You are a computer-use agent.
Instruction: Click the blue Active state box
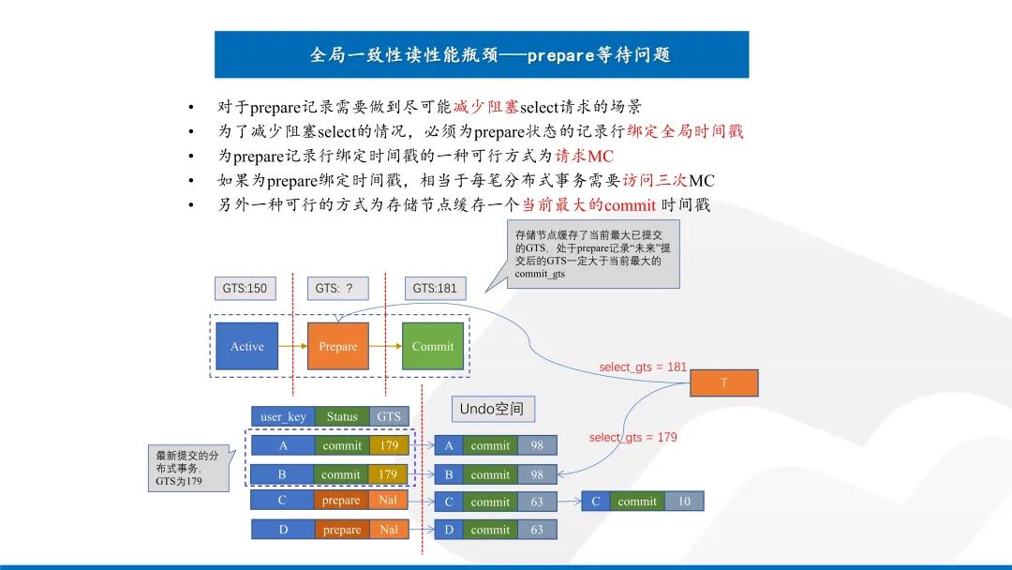247,347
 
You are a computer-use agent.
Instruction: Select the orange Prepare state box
338,347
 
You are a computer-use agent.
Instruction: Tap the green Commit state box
433,347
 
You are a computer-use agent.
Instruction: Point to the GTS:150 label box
245,288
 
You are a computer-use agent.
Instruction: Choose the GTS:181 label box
435,288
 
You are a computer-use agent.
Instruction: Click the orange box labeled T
724,382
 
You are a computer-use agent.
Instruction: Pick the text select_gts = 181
643,367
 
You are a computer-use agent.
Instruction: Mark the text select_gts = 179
632,437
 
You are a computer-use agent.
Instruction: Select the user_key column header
284,416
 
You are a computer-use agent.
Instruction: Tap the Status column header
342,416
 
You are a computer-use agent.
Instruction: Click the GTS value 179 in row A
388,445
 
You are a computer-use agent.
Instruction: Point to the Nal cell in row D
388,530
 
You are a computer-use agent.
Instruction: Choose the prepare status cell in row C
341,501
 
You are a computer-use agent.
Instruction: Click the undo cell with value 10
684,502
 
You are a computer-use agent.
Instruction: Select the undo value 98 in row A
537,445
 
